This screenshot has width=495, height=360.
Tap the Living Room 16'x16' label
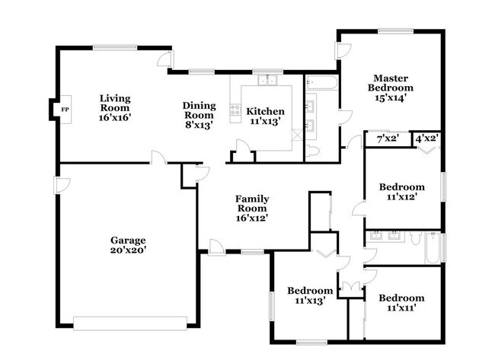pos(115,104)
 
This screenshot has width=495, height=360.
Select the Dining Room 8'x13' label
pos(199,111)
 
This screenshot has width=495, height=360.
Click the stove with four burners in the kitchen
pos(235,110)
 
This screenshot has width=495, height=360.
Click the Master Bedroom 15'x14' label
pos(392,88)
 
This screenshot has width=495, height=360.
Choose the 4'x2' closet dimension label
pos(426,139)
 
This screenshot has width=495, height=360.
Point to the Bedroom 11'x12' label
pos(401,192)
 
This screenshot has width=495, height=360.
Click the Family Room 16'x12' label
pos(251,208)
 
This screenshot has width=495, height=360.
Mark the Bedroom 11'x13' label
pos(309,295)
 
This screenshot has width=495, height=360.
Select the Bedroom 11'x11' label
pos(401,303)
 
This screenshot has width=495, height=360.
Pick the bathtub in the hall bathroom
pos(433,248)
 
